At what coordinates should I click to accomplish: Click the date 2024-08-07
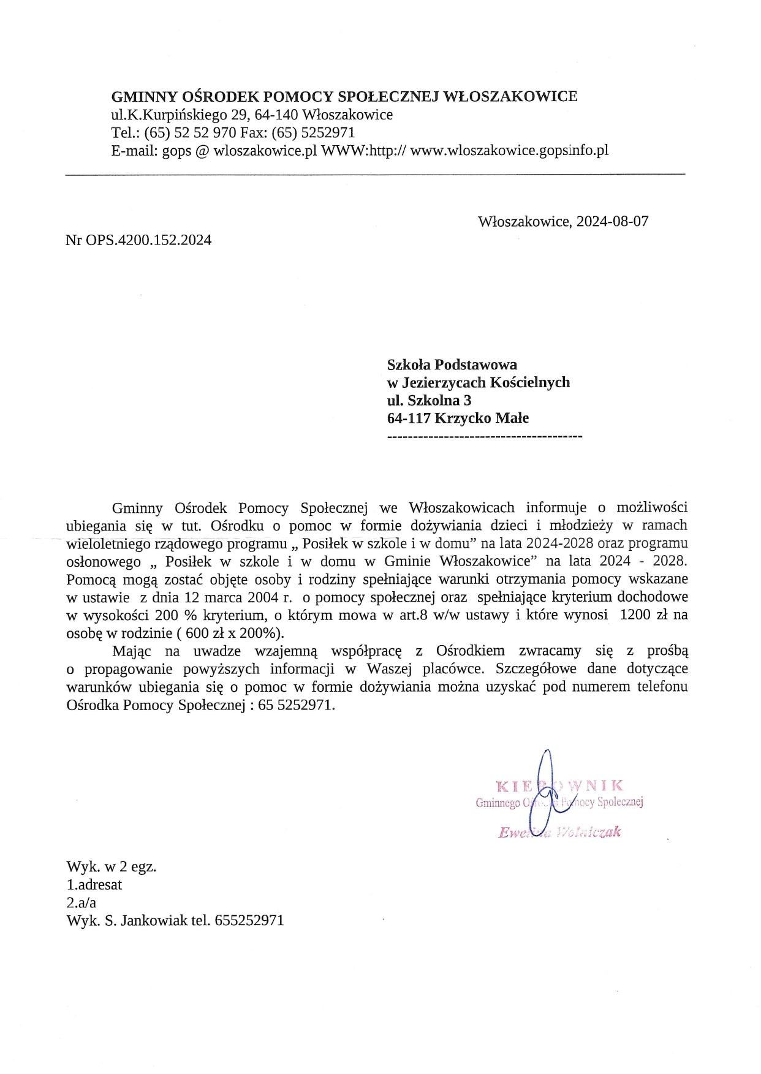point(610,221)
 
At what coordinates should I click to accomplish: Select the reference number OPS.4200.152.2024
point(148,240)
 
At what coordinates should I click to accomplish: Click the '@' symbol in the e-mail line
point(202,151)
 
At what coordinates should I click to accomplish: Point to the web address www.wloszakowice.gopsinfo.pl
point(509,151)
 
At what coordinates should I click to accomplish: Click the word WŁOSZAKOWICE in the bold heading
point(510,96)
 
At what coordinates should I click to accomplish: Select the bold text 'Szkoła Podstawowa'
point(452,365)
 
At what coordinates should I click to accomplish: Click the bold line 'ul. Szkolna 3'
point(429,401)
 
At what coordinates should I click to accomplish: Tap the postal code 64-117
point(409,418)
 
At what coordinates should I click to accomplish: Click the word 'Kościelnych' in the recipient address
point(532,383)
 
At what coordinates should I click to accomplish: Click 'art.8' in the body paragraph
point(414,615)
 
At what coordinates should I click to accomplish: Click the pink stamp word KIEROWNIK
point(559,785)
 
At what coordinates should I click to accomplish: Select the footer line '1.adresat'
point(94,885)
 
